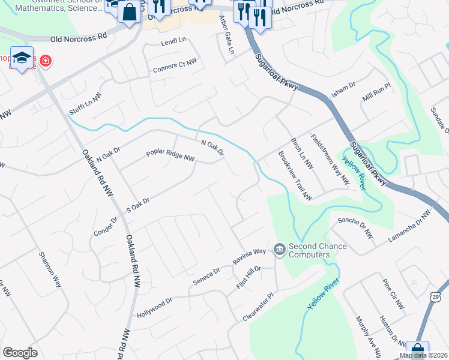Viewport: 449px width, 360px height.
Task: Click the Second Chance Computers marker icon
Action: pyautogui.click(x=279, y=249)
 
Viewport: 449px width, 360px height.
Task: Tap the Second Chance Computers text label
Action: pyautogui.click(x=318, y=250)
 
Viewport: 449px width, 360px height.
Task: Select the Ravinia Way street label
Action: pyautogui.click(x=249, y=257)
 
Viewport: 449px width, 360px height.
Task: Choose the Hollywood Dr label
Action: pyautogui.click(x=154, y=307)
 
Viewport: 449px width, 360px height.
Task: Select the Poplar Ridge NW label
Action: pyautogui.click(x=170, y=155)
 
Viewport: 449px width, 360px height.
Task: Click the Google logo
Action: pyautogui.click(x=20, y=353)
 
